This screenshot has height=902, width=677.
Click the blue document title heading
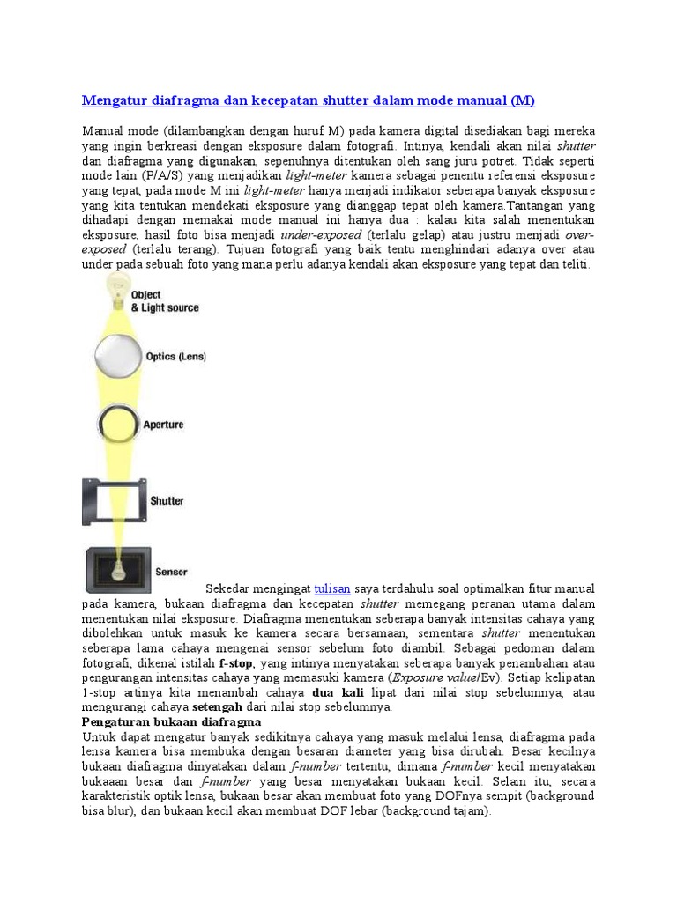tap(309, 99)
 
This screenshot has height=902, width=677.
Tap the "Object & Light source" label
tap(164, 301)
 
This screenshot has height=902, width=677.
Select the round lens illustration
tap(116, 356)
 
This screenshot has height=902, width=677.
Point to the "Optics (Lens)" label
tap(175, 357)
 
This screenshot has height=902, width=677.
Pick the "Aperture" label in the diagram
tap(163, 425)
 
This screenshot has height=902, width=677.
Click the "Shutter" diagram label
tap(167, 500)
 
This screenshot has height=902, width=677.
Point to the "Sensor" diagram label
tap(171, 572)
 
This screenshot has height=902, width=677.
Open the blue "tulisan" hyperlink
tap(332, 588)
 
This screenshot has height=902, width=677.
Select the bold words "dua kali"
tap(338, 692)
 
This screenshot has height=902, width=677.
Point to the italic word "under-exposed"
tap(321, 236)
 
